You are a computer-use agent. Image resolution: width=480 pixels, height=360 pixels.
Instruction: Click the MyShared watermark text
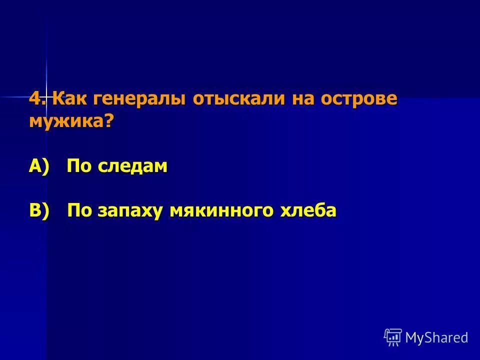pos(436,337)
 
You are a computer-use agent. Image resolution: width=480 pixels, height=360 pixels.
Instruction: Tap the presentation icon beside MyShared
pos(393,337)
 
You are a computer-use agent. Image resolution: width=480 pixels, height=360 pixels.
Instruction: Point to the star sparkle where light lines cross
pos(46,96)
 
